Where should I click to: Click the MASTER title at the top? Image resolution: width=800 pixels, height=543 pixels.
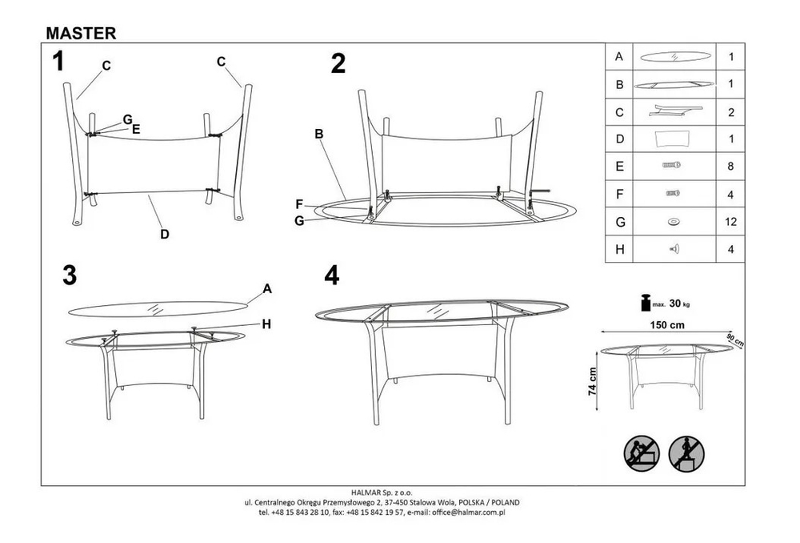pos(81,33)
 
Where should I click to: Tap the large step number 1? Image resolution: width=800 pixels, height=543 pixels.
pos(58,62)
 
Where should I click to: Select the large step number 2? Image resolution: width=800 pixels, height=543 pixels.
pos(338,64)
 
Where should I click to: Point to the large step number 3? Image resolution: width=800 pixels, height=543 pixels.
pos(70,276)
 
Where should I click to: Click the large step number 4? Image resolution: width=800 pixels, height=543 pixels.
pos(332,276)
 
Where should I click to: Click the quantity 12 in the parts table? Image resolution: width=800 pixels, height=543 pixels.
pos(730,222)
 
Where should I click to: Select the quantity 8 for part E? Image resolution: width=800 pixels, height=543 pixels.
pos(730,166)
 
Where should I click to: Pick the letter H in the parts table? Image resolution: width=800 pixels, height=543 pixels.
pos(619,249)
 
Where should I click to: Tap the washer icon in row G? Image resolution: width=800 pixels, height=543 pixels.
pos(674,222)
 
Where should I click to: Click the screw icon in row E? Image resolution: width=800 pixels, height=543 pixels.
pos(671,165)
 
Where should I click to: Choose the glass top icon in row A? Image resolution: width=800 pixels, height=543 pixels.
pos(674,56)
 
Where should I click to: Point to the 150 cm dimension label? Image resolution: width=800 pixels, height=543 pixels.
pos(667,325)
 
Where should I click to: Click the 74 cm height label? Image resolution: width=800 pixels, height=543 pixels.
pos(592,381)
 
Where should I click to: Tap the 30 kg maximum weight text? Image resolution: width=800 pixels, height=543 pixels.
pos(679,304)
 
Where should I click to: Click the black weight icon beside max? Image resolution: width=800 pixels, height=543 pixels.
pos(646,303)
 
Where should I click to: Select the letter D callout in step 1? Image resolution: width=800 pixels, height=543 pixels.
pos(164,235)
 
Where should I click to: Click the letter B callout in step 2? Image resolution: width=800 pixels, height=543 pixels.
pos(319,134)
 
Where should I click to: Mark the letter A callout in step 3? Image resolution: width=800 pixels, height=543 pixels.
pos(267,289)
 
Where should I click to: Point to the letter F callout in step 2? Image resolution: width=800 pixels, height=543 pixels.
pos(299,204)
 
